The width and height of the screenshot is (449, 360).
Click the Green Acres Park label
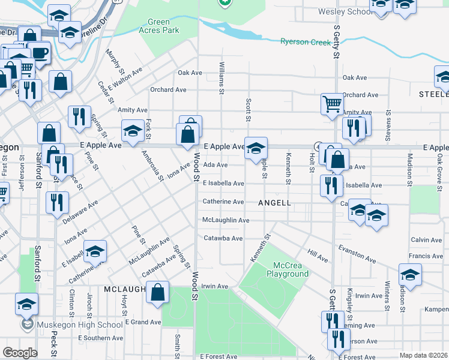click(159, 25)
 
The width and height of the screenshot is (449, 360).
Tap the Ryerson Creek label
click(306, 41)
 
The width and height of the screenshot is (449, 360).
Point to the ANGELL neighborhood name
click(274, 203)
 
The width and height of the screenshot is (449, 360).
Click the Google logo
click(20, 353)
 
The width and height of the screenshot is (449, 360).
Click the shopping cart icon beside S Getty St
click(332, 104)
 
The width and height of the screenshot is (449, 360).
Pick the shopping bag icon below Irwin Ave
click(157, 293)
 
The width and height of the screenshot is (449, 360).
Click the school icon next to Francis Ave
click(411, 274)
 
